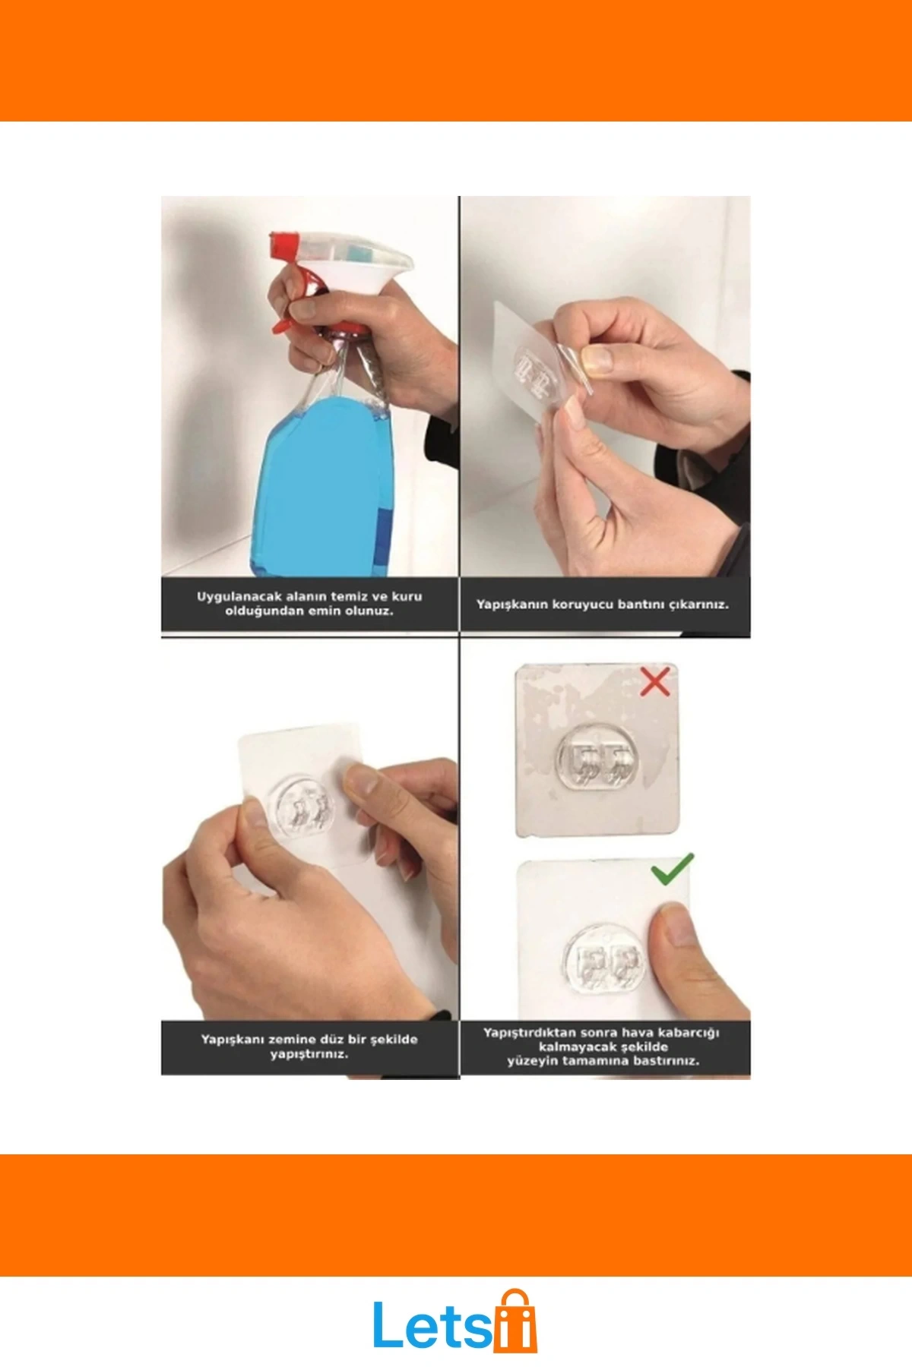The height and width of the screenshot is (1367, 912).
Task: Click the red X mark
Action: coord(654,682)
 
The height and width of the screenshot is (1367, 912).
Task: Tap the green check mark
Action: coord(673,869)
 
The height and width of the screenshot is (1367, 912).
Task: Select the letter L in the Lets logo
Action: coord(389,1324)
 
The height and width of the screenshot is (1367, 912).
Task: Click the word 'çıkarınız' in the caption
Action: coord(700,605)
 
